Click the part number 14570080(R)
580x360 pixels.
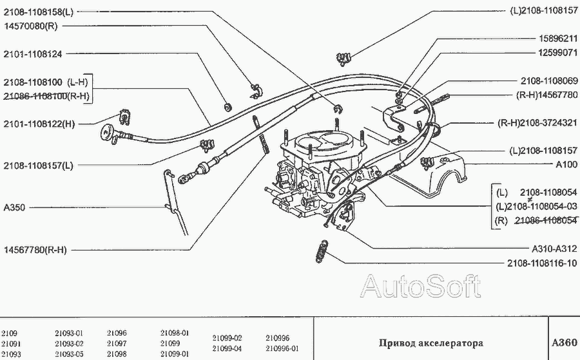30,26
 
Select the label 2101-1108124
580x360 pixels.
33,54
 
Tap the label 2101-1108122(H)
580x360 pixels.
39,124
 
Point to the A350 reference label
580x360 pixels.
14,207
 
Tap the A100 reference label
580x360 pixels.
566,164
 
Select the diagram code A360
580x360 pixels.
565,343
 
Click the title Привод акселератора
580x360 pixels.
430,343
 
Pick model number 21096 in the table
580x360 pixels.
117,333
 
